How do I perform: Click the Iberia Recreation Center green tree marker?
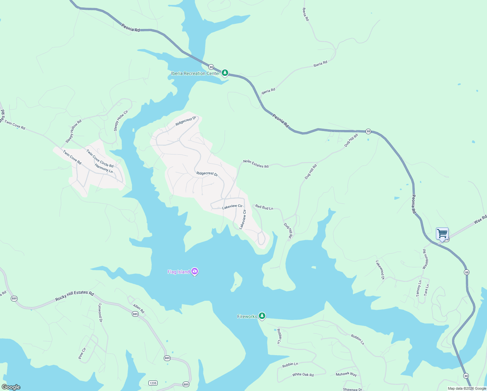tap(225, 73)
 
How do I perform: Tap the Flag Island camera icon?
tap(195, 271)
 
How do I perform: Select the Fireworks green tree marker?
tap(262, 316)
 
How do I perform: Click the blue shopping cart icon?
tap(442, 233)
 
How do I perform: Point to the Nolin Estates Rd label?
tap(256, 164)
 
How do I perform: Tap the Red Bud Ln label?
tap(264, 207)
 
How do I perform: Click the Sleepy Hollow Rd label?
tap(73, 131)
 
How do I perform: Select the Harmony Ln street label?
tap(104, 168)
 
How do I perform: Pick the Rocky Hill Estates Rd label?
tap(75, 295)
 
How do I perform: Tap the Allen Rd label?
tap(139, 309)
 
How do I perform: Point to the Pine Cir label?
tap(82, 354)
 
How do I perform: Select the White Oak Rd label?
tap(303, 375)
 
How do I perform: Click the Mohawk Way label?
tap(346, 374)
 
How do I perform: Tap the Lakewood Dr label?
tap(380, 270)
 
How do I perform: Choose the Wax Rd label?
tap(480, 219)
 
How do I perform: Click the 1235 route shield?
tap(153, 383)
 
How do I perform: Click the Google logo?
tap(11, 387)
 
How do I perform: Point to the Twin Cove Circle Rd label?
tap(100, 158)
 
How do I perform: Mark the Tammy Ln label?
tap(419, 288)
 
